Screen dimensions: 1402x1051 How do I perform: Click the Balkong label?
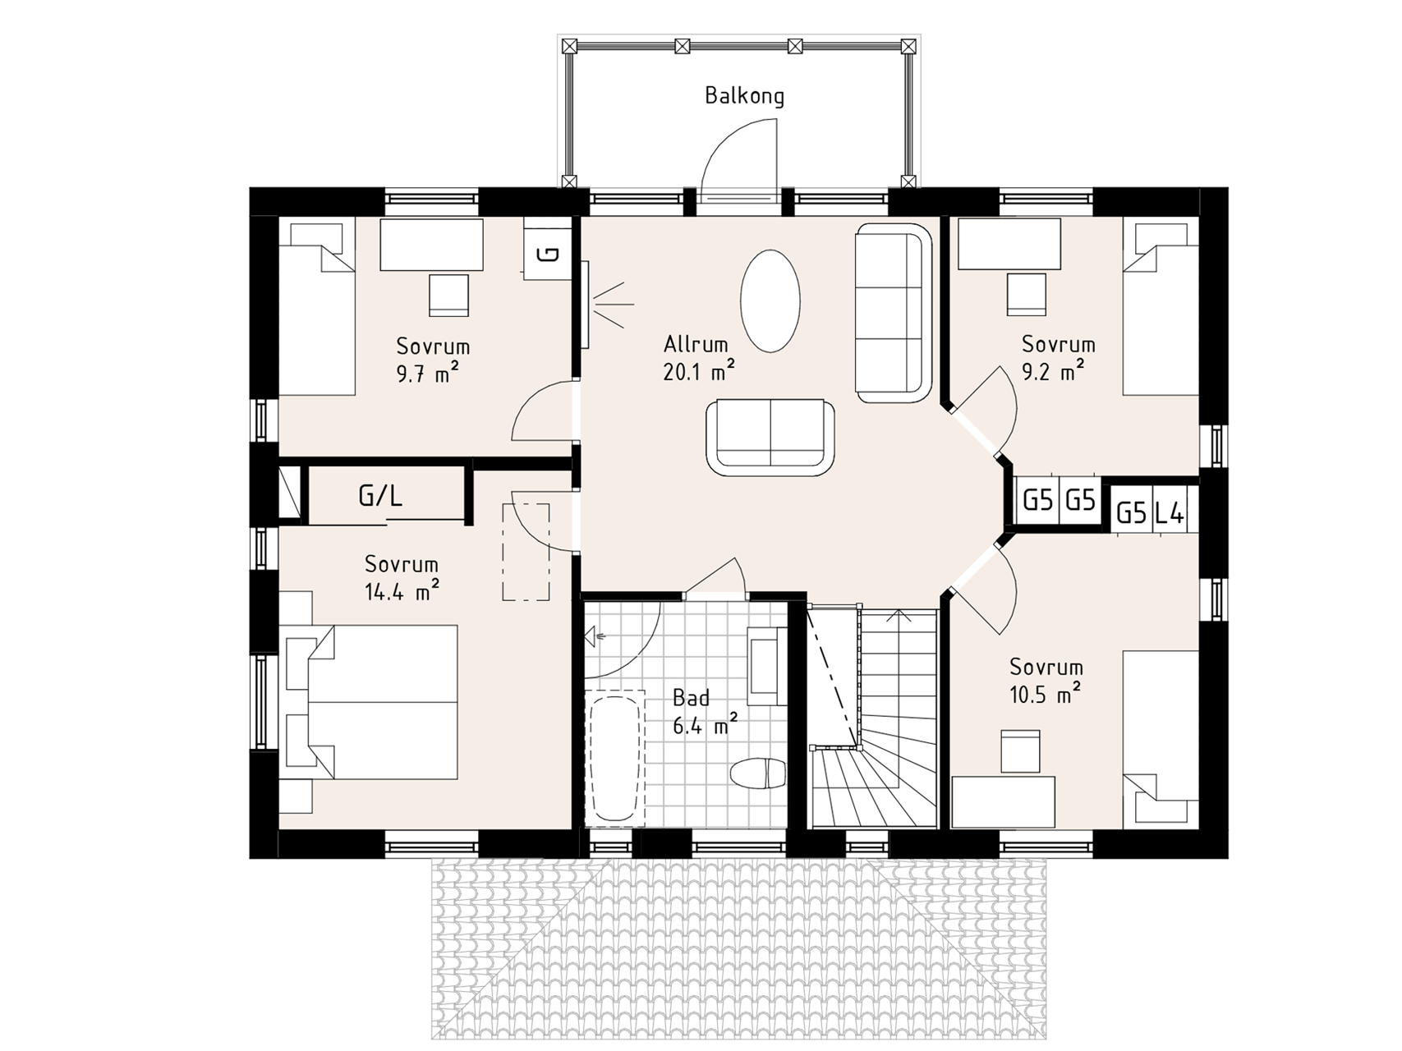click(744, 96)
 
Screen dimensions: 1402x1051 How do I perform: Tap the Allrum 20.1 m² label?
click(698, 358)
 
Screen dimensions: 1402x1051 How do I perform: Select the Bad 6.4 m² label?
click(705, 712)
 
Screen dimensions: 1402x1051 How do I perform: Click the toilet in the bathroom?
click(756, 773)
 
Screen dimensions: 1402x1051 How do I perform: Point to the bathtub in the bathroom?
click(614, 760)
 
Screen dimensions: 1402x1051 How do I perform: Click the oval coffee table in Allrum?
click(770, 301)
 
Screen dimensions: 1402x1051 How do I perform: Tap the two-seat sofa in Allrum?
click(770, 437)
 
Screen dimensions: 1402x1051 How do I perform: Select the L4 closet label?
click(1169, 514)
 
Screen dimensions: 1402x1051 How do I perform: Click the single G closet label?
click(549, 254)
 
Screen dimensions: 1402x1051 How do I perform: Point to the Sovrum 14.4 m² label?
click(402, 577)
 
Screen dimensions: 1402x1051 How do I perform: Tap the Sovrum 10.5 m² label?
click(1046, 681)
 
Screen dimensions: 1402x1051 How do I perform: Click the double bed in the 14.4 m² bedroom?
click(369, 702)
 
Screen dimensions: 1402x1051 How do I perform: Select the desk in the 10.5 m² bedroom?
click(1004, 801)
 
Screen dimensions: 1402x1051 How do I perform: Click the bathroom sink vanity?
click(767, 666)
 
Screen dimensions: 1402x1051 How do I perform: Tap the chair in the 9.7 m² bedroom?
click(448, 295)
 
